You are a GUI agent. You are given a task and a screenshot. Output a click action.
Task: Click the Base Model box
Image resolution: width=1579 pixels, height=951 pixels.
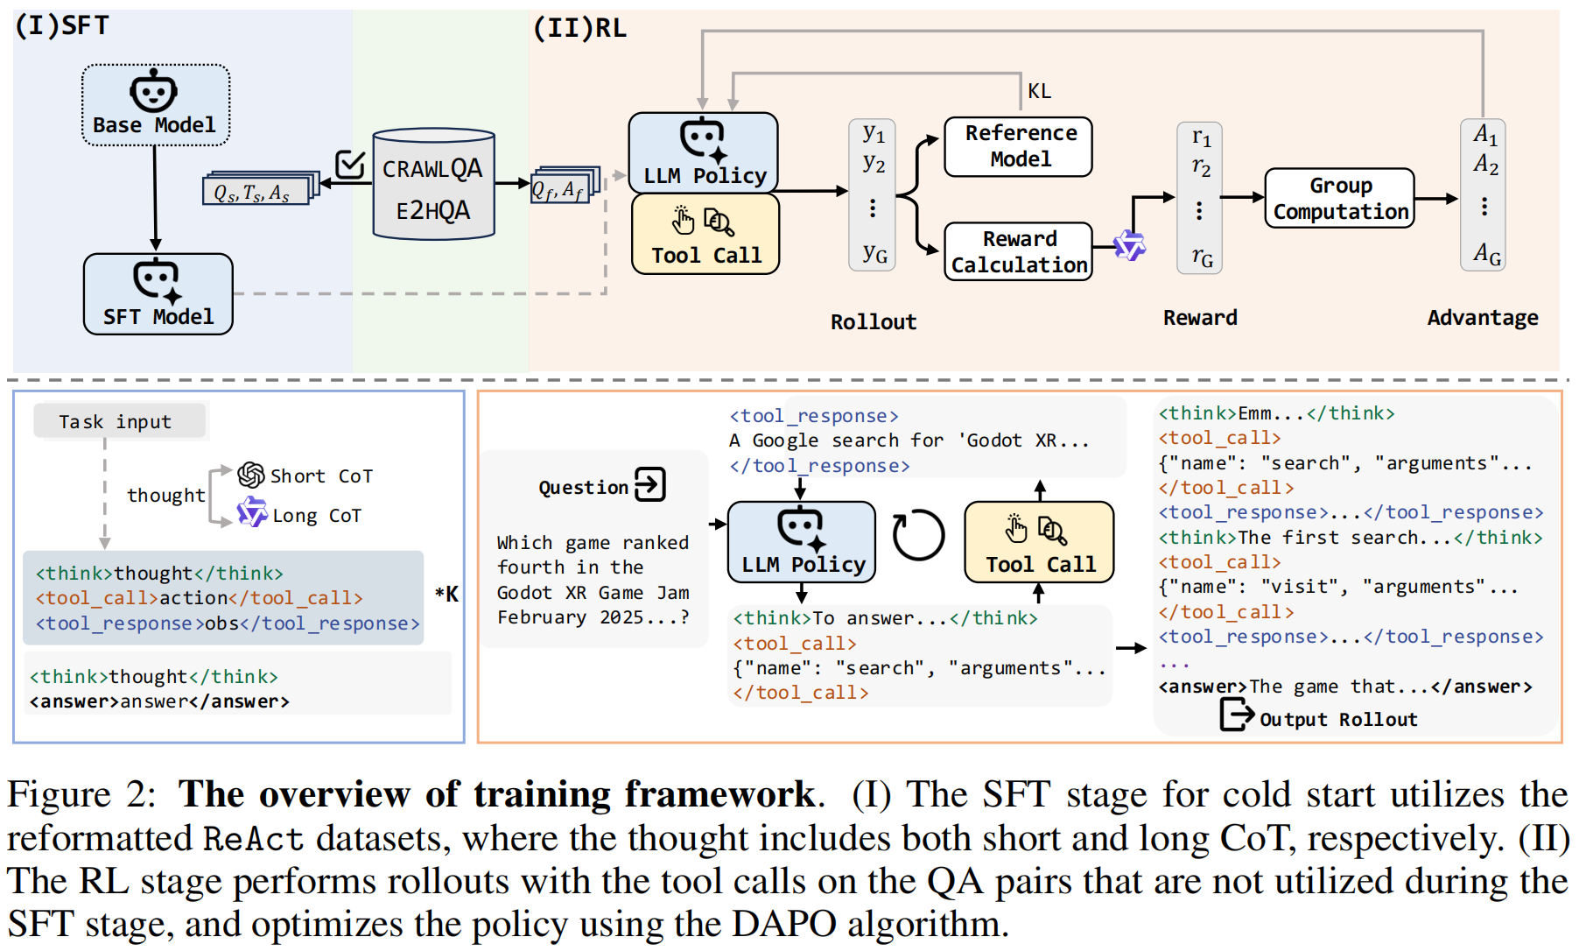click(156, 104)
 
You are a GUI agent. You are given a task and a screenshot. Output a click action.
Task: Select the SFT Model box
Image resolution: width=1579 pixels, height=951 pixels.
click(158, 294)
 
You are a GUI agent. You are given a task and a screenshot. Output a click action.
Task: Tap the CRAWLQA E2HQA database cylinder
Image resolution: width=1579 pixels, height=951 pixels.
click(433, 184)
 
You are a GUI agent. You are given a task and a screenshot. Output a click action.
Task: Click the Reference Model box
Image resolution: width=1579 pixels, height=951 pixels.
click(1019, 146)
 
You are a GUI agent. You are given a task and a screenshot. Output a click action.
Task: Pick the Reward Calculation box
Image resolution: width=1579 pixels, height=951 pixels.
click(1019, 251)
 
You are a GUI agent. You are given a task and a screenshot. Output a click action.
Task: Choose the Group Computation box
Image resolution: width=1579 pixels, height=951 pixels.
click(1340, 199)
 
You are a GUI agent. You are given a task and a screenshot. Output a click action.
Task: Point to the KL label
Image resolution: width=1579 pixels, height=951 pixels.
click(1040, 91)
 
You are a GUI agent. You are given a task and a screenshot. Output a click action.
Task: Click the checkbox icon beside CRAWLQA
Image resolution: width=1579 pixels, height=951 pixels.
click(350, 163)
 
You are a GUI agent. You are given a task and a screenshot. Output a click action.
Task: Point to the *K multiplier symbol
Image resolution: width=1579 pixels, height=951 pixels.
click(446, 594)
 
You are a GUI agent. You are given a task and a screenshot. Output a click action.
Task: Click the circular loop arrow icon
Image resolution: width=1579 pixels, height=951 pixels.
click(918, 534)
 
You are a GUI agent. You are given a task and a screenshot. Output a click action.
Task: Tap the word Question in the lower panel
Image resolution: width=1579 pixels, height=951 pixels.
click(584, 488)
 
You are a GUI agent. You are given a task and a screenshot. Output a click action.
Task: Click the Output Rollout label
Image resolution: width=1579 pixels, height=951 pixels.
click(1338, 720)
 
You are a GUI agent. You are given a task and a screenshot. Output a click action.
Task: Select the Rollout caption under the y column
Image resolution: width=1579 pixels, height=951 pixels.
click(874, 322)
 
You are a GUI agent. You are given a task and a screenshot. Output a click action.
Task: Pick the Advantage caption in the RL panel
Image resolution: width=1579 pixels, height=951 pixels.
click(1483, 318)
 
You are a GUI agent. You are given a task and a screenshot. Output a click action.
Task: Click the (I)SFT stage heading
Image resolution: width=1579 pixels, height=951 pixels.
click(62, 25)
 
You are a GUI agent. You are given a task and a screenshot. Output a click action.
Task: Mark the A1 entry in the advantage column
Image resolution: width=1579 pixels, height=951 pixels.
click(1485, 135)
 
